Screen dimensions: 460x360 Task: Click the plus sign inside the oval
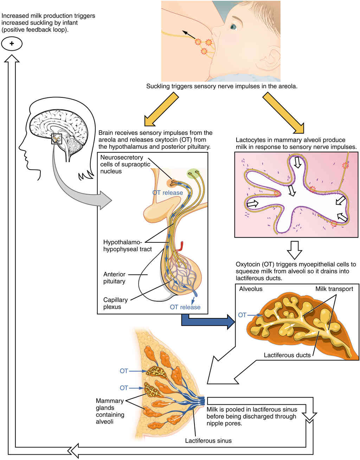point(12,44)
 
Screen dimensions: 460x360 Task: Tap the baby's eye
point(233,26)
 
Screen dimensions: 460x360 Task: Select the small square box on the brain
point(56,139)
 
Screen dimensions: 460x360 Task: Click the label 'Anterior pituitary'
point(114,278)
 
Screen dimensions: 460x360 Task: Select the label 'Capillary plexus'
point(115,303)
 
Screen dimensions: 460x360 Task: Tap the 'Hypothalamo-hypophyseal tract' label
point(127,245)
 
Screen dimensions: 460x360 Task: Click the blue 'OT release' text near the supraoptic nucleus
point(167,193)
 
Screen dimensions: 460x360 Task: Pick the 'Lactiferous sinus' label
point(208,440)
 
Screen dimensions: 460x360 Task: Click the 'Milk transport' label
point(334,289)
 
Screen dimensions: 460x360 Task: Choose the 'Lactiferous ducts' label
point(287,355)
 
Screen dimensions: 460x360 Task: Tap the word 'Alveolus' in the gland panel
point(251,289)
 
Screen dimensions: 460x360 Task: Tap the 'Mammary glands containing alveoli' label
point(110,411)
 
